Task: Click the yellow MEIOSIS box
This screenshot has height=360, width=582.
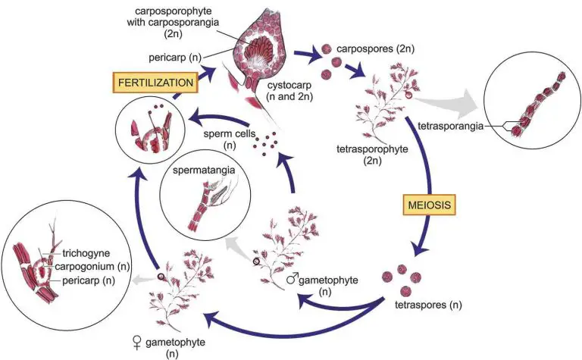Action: [x=427, y=205]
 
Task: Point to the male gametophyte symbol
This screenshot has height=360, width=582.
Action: [x=289, y=280]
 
